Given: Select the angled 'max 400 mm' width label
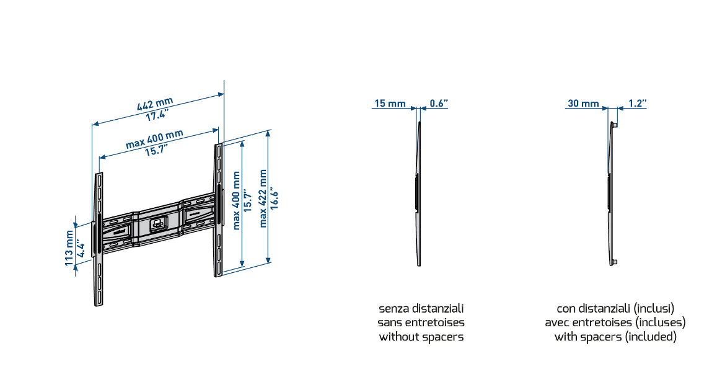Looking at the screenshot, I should click(x=154, y=140).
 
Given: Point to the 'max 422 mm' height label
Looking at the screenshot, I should click(x=264, y=198).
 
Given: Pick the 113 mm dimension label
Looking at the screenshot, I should click(x=69, y=248).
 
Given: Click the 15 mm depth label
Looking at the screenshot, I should click(x=389, y=104).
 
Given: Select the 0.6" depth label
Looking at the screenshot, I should click(x=438, y=104).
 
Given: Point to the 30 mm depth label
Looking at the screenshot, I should click(x=583, y=104).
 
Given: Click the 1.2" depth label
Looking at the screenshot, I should click(x=637, y=104).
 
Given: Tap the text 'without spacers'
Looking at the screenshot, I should click(x=421, y=337).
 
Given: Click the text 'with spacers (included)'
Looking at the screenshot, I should click(x=615, y=337).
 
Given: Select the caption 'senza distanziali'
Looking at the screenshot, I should click(x=421, y=308).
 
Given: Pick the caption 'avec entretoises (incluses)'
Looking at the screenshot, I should click(x=615, y=322).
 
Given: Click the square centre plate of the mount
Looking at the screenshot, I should click(x=157, y=224).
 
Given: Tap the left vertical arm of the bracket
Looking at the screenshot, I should click(x=99, y=239).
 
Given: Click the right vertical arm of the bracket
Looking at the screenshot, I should click(x=218, y=210).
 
